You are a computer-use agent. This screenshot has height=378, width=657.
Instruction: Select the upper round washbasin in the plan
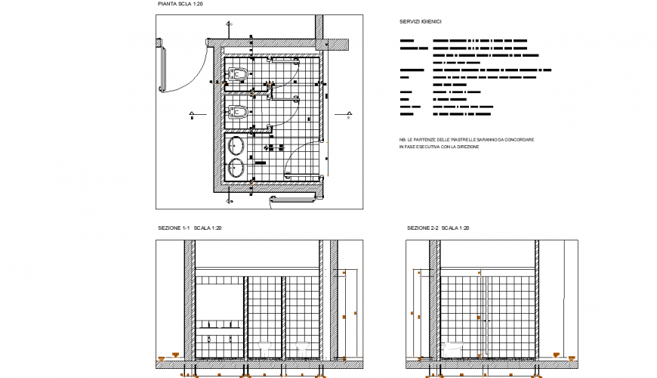[236, 146]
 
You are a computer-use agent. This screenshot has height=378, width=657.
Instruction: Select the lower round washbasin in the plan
[236, 167]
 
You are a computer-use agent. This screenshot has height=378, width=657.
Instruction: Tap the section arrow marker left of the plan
[193, 115]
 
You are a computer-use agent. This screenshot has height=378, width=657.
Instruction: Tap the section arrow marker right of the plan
[348, 115]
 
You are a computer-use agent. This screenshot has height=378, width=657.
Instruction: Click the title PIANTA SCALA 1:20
[180, 5]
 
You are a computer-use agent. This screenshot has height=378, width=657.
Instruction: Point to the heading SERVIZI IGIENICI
[421, 23]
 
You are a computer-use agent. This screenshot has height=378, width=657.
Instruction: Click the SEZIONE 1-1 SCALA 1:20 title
[189, 228]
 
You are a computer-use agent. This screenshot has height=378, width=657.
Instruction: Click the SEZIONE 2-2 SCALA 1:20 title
[438, 228]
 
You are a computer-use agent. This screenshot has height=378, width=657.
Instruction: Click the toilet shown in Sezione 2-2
[453, 347]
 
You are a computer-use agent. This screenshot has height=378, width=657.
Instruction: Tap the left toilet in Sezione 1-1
[265, 347]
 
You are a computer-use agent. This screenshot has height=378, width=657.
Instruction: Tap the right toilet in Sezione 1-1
[303, 347]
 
